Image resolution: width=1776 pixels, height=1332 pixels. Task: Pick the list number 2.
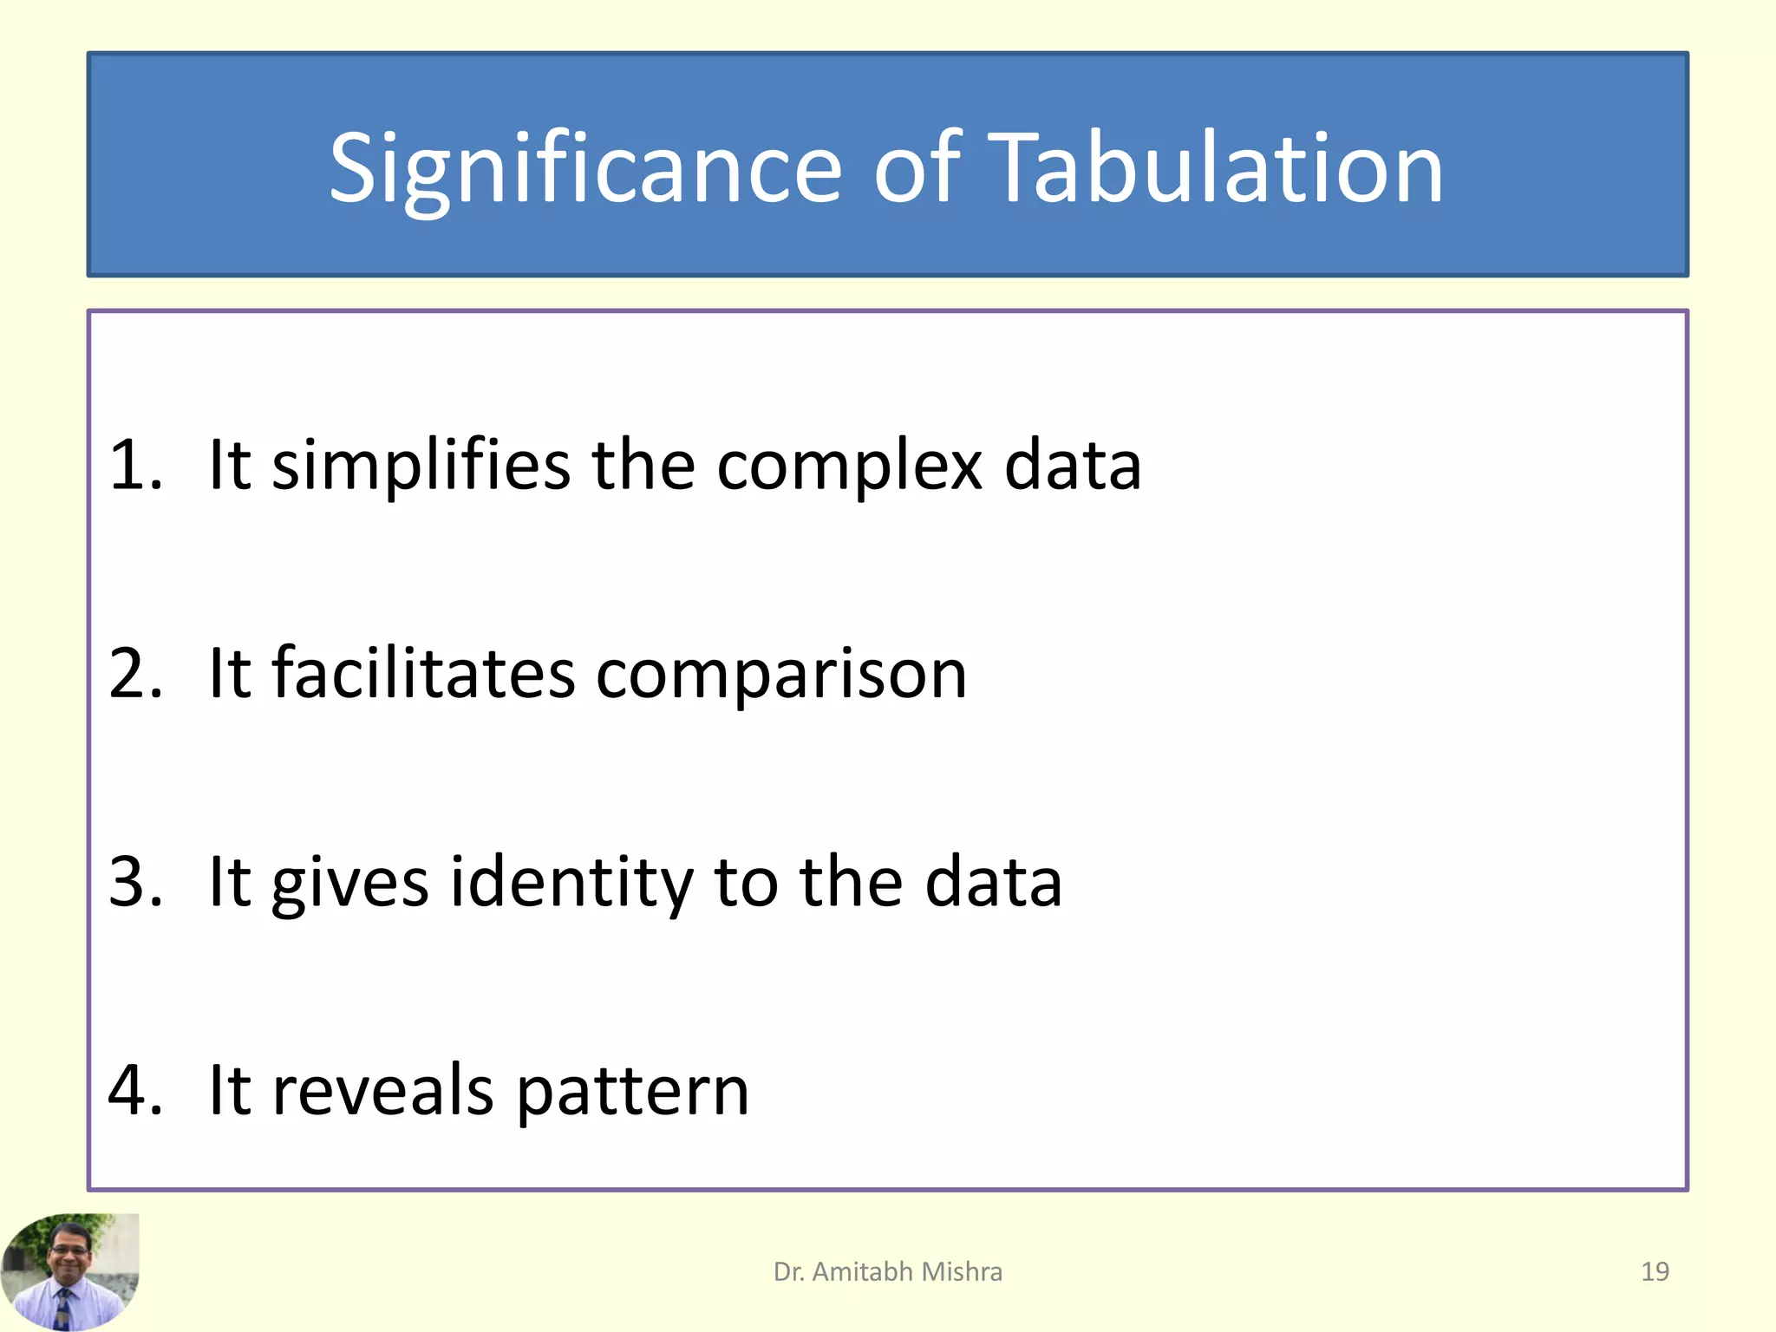135,674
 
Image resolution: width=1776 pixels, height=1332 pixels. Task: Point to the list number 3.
135,882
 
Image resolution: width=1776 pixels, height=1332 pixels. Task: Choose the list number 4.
135,1090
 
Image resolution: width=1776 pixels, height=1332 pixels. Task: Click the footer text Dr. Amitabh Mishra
887,1271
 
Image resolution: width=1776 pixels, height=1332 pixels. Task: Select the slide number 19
1655,1271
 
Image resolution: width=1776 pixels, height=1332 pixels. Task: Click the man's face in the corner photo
69,1252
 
